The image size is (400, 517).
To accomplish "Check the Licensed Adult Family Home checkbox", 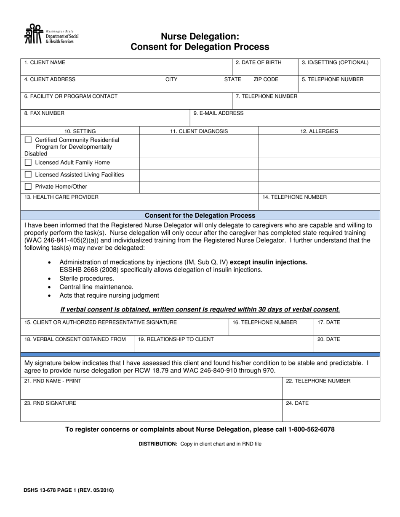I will (x=28, y=163).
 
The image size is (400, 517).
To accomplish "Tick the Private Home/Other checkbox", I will (x=28, y=187).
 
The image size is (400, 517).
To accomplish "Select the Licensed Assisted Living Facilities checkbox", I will (x=28, y=174).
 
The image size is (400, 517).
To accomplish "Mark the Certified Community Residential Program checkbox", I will (x=28, y=140).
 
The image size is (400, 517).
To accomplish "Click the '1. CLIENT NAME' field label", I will (x=45, y=63).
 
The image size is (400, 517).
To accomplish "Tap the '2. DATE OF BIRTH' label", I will (x=259, y=63).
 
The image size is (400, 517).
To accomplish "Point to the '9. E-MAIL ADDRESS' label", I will (x=218, y=113).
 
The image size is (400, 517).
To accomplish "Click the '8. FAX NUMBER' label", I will (x=44, y=113).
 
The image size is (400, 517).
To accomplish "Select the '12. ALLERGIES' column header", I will (x=319, y=131).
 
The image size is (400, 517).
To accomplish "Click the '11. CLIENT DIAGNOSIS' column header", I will (x=199, y=131).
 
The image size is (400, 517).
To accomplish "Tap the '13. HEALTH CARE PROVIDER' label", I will (x=61, y=197).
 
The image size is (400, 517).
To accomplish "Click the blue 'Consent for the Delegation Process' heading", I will (x=200, y=215).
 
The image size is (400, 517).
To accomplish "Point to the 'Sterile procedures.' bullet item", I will (x=87, y=278).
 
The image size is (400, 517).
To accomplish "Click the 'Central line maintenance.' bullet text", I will (x=96, y=287).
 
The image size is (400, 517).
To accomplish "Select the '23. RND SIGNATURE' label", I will (x=50, y=403).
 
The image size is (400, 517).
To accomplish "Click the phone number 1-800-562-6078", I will (x=311, y=429).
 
